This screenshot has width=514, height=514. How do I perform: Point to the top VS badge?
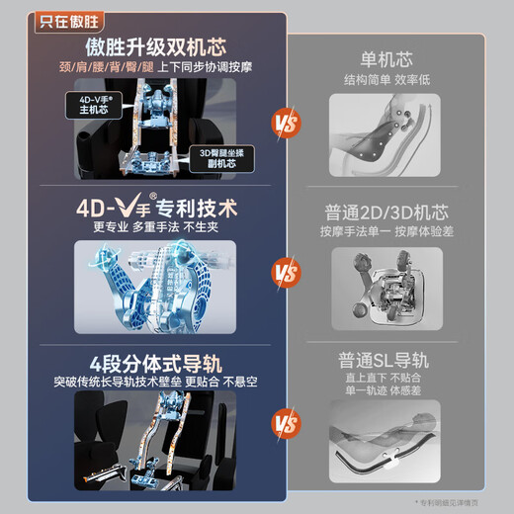pyautogui.click(x=285, y=124)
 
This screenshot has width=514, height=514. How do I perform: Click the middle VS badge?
pyautogui.click(x=285, y=271)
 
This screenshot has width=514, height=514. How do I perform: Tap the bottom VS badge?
pyautogui.click(x=285, y=426)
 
